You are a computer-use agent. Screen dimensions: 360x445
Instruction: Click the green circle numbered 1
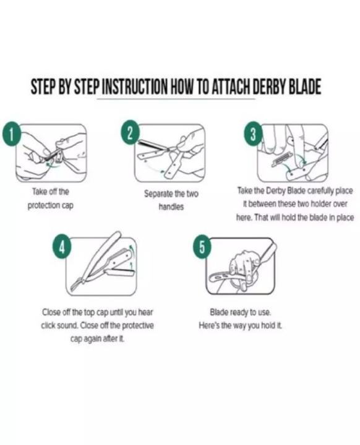click(11, 133)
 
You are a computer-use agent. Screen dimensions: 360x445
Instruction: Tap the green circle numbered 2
click(130, 133)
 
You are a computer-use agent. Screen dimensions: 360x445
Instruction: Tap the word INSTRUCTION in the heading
click(134, 87)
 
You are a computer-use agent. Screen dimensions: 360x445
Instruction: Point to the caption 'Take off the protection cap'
click(50, 198)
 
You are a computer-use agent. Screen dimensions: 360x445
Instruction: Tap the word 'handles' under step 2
click(171, 206)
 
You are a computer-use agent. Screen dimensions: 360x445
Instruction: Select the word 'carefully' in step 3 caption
click(316, 191)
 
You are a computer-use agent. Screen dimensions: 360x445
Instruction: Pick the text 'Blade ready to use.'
click(241, 313)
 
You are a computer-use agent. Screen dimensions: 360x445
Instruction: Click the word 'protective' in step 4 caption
click(138, 325)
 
